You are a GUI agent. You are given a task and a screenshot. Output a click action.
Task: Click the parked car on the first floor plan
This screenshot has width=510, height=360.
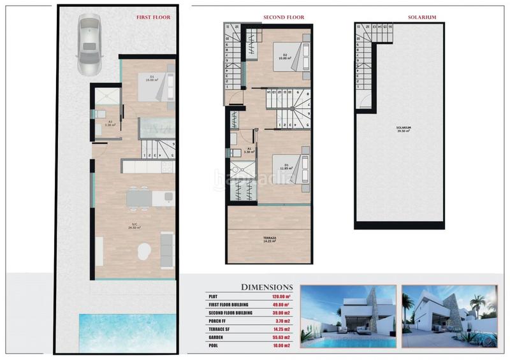point(89,45)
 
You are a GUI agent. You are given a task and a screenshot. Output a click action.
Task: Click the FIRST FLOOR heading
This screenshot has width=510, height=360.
point(153,18)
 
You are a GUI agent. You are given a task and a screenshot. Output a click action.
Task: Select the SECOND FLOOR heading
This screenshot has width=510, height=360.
point(284,18)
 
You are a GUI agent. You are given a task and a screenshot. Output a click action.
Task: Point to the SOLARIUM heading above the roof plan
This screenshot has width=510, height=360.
point(398,18)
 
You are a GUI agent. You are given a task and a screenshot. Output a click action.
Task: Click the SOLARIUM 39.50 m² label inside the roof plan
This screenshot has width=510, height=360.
point(402,129)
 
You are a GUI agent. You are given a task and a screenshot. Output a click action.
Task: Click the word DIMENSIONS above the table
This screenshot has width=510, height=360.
point(266,287)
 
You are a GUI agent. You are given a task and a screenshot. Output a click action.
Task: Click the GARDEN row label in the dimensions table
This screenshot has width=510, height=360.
point(217,336)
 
